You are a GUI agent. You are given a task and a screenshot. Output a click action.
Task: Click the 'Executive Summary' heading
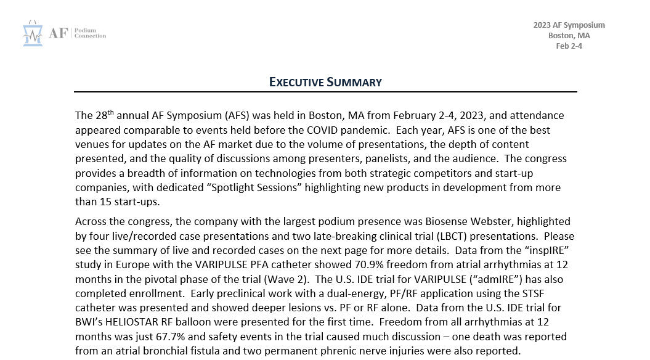tap(325, 82)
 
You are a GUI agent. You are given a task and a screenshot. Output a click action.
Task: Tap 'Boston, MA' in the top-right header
tap(569, 35)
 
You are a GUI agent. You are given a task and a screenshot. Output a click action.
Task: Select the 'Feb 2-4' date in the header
tap(569, 46)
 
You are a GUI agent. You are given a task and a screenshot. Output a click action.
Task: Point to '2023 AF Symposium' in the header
tap(569, 25)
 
